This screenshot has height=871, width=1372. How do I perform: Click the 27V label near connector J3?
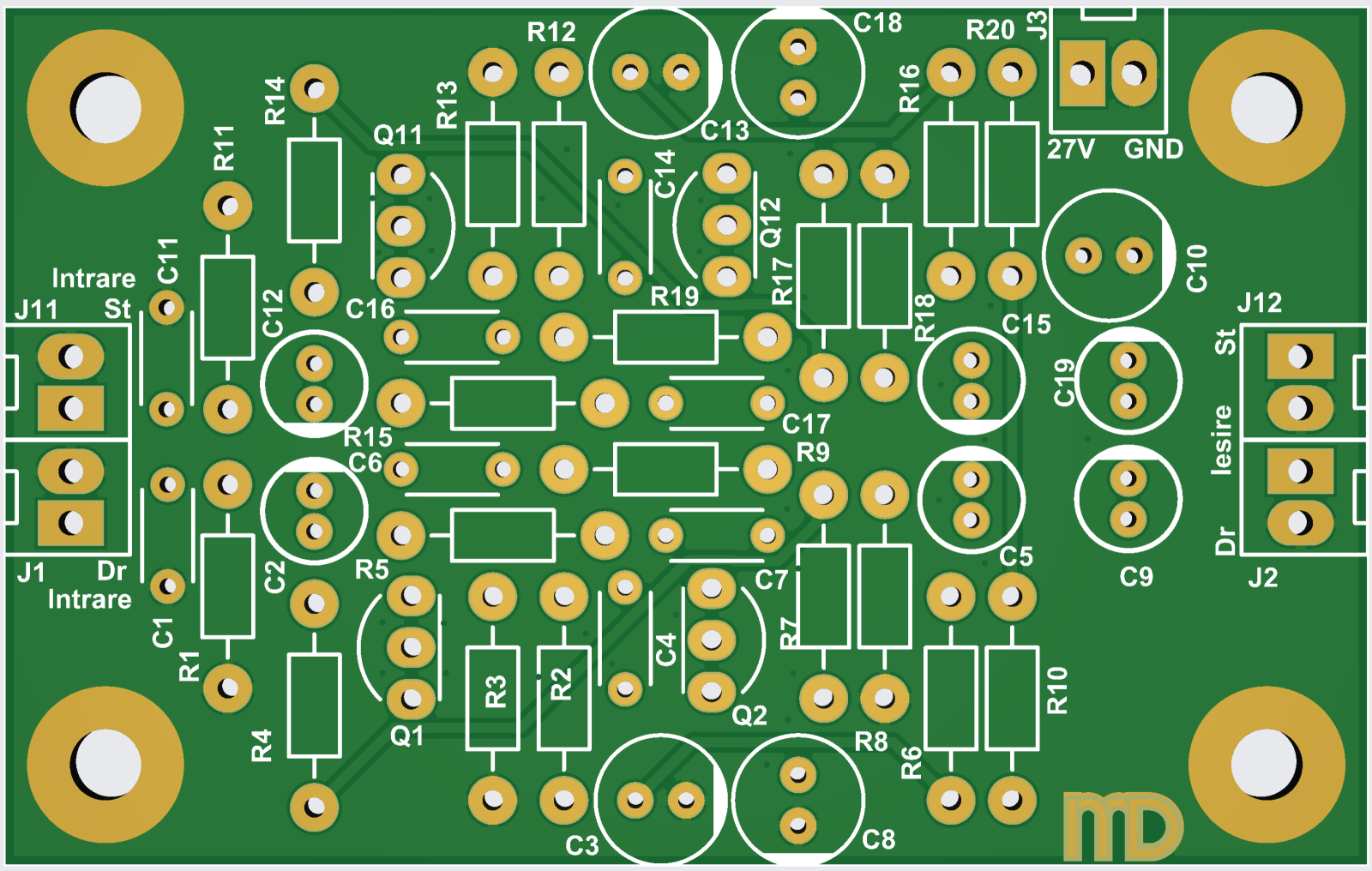(1071, 150)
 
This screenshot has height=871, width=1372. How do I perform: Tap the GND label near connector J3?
(1153, 150)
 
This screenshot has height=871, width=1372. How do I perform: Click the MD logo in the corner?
(1123, 826)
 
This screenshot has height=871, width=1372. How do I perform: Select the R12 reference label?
(551, 33)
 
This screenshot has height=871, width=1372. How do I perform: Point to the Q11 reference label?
(398, 135)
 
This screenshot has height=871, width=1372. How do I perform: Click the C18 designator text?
(878, 23)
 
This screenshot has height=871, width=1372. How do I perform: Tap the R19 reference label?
(674, 297)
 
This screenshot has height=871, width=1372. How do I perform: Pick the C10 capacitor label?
(1197, 267)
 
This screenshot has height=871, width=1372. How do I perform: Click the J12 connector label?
(1259, 303)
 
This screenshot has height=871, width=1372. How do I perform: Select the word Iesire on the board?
(1221, 440)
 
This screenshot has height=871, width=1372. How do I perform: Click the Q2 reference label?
(749, 715)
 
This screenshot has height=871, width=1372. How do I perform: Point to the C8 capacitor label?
(879, 839)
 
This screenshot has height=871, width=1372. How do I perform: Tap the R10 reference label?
(1057, 690)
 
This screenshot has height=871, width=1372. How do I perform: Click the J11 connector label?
(37, 309)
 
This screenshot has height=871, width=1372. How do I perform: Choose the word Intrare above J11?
(93, 279)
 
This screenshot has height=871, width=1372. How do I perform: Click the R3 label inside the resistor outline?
(495, 692)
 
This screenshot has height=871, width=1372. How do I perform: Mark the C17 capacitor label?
(806, 423)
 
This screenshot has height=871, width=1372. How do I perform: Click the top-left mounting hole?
(105, 108)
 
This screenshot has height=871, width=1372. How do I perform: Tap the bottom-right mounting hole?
(1266, 765)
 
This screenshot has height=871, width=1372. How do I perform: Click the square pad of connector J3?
(1081, 74)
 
